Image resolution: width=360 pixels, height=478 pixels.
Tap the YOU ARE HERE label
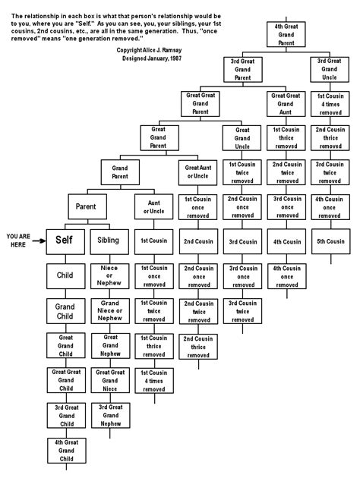17,240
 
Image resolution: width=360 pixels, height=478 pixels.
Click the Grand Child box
64,309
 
